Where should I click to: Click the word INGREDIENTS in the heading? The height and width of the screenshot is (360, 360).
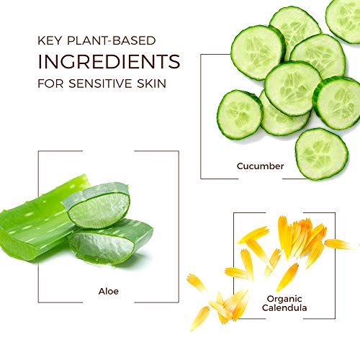109,61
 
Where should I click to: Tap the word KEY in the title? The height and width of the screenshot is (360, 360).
50,40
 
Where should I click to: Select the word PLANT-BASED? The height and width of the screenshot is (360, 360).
112,40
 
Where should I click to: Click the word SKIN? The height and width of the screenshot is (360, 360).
151,84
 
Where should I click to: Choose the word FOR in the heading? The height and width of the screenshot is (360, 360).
50,84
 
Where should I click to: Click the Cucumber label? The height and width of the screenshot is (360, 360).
260,166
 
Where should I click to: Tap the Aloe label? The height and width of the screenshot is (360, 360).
109,291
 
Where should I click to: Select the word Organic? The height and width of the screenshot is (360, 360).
284,299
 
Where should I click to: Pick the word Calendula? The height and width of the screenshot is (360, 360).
284,307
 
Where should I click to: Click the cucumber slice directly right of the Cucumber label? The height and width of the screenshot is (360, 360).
322,154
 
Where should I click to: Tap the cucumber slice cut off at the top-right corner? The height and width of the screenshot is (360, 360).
343,20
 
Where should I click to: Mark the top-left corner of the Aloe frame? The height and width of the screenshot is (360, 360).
38,151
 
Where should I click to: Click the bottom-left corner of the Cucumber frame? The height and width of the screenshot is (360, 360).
201,179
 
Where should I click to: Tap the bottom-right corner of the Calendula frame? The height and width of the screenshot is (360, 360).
335,318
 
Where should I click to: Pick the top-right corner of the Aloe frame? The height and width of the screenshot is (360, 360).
179,151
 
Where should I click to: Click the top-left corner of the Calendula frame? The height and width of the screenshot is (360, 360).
234,212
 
